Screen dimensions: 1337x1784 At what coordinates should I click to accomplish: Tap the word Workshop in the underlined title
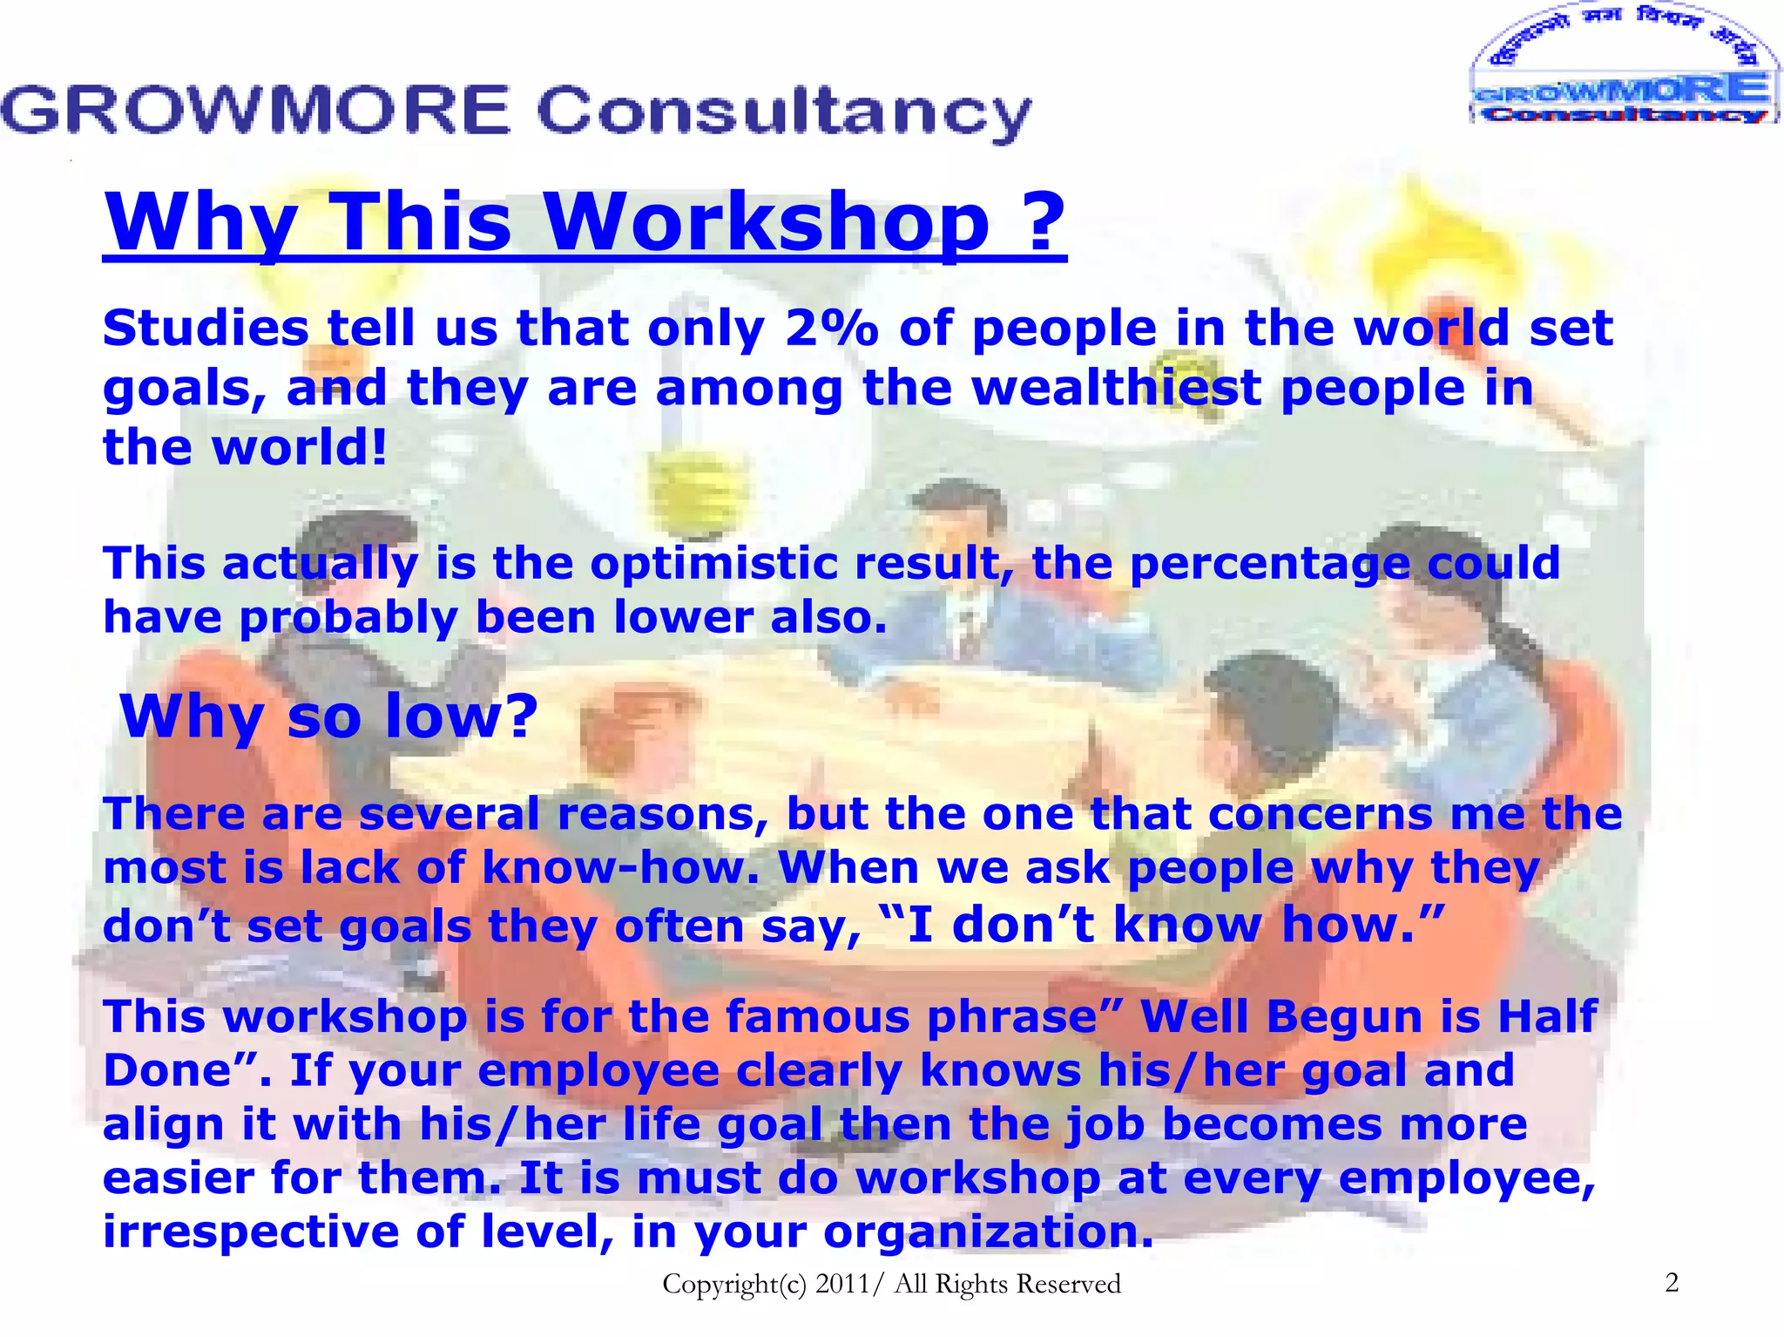(x=767, y=221)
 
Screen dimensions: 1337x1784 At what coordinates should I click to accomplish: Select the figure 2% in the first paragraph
(x=831, y=329)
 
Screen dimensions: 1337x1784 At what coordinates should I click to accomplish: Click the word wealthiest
(x=1116, y=388)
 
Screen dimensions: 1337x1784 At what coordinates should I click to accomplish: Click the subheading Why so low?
(x=329, y=716)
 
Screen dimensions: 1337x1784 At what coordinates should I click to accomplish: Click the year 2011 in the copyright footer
(x=842, y=1284)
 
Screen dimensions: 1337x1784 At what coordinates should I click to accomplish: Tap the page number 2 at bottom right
(x=1671, y=1282)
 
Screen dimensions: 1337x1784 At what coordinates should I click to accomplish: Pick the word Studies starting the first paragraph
(x=206, y=329)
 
